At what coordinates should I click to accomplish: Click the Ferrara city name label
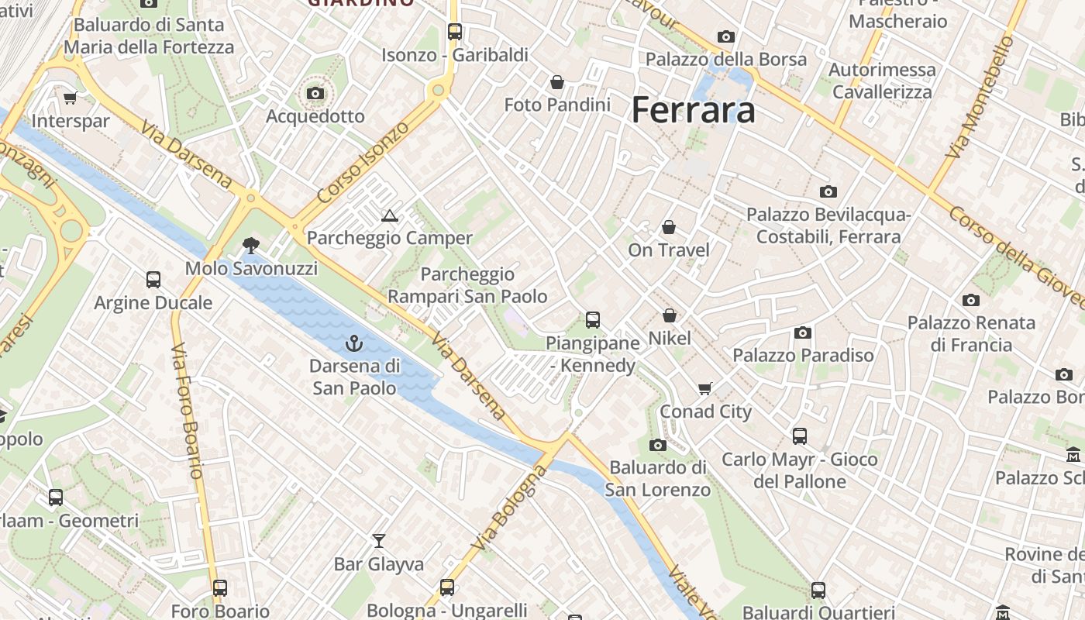click(x=693, y=110)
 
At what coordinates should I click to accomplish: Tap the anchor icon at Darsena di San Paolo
click(x=354, y=343)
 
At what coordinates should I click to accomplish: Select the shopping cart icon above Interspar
click(x=70, y=98)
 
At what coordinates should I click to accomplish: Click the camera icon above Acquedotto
click(x=315, y=94)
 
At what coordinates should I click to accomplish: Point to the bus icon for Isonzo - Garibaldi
click(x=454, y=32)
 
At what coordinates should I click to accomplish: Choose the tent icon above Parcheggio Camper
click(x=389, y=215)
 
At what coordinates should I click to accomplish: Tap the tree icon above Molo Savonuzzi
click(x=250, y=246)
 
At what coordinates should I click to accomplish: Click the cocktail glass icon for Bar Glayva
click(x=378, y=540)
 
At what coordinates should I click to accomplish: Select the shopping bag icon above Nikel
click(x=669, y=315)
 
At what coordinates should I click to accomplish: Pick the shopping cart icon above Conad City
click(x=704, y=388)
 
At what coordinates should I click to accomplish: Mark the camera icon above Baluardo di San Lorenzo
click(x=657, y=445)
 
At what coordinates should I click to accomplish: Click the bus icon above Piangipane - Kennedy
click(x=592, y=319)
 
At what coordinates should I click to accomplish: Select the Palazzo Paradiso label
click(x=803, y=355)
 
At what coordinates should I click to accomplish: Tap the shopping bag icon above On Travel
click(x=668, y=227)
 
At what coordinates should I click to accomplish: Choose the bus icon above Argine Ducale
click(x=153, y=280)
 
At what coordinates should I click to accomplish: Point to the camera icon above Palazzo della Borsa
click(x=725, y=36)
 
